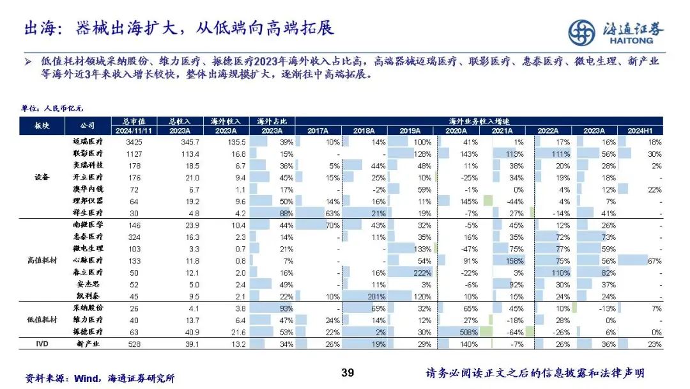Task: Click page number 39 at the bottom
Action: pyautogui.click(x=348, y=373)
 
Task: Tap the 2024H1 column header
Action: pyautogui.click(x=644, y=131)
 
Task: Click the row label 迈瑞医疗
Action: pyautogui.click(x=89, y=141)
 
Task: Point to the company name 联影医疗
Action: pyautogui.click(x=89, y=154)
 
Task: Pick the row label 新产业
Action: pyautogui.click(x=89, y=345)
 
